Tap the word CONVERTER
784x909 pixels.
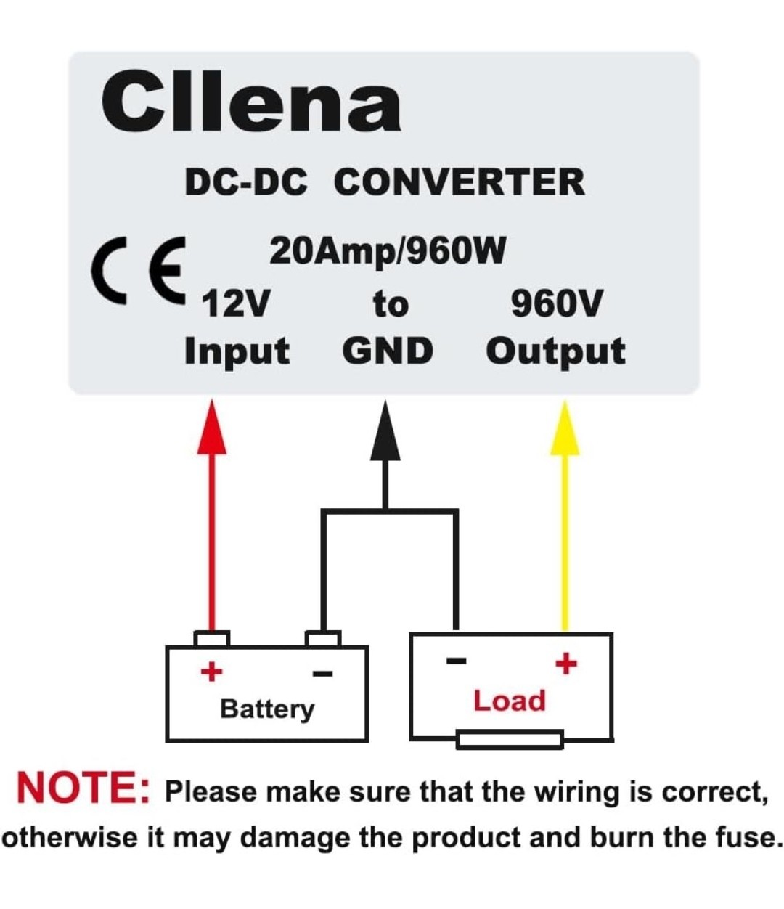pos(460,182)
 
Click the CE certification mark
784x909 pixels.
pos(139,271)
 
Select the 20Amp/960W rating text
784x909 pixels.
pos(388,251)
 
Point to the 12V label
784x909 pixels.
pos(236,303)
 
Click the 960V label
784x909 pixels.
pos(556,303)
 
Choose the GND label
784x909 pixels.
pos(388,351)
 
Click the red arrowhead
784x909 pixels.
pos(212,427)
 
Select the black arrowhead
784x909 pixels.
pos(385,431)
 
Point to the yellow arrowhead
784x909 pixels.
pos(565,428)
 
